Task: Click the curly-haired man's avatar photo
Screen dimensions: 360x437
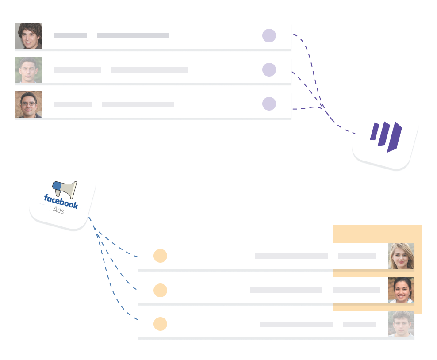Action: click(x=28, y=36)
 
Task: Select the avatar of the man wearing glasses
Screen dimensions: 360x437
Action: click(x=28, y=104)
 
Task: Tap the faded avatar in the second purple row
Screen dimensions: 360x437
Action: click(x=28, y=70)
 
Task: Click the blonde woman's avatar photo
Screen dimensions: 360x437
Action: click(x=401, y=256)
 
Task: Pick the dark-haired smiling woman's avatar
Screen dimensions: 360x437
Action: click(x=401, y=290)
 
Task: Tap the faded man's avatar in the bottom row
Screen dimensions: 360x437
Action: click(x=401, y=324)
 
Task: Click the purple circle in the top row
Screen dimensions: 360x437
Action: click(x=269, y=36)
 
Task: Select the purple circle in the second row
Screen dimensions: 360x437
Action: click(x=269, y=69)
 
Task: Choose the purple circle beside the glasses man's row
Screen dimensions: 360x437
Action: click(x=269, y=104)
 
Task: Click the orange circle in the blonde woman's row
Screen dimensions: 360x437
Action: click(x=160, y=256)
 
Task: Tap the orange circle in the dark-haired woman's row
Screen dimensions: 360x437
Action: click(x=160, y=290)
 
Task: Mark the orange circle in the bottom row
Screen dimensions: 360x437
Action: click(x=160, y=324)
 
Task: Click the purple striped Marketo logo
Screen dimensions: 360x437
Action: click(x=386, y=136)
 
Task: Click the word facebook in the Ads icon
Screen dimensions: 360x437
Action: click(x=61, y=201)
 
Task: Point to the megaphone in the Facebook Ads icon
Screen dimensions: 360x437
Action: click(x=65, y=189)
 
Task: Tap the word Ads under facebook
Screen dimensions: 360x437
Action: click(x=58, y=211)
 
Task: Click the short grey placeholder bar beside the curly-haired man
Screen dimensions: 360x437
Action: click(x=70, y=36)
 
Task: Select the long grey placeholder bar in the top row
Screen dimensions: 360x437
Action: click(x=133, y=36)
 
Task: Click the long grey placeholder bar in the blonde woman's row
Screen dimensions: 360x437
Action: click(x=291, y=256)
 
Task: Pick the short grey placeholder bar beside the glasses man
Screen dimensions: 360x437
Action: click(x=73, y=104)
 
